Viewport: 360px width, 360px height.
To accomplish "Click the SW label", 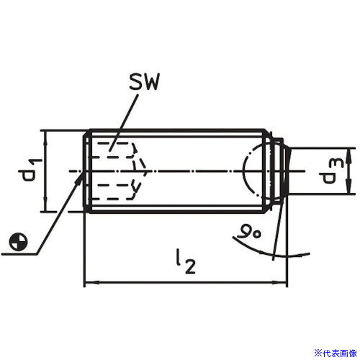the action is (x=144, y=82).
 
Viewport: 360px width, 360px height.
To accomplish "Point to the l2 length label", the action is (x=186, y=261).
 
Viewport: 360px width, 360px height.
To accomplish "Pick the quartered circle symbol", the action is (x=18, y=241).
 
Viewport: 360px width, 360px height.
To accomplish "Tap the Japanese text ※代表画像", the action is (x=336, y=353).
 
